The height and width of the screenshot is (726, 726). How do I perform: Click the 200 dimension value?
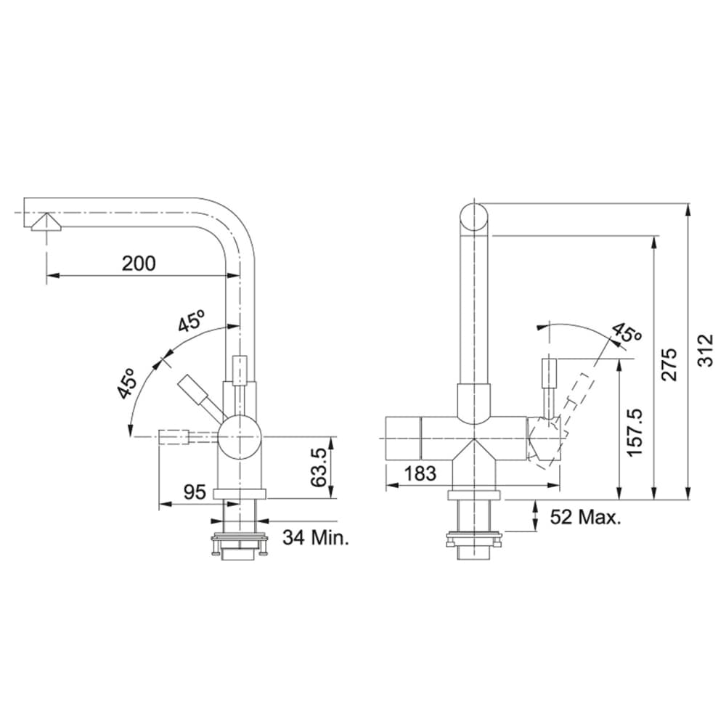coord(139,263)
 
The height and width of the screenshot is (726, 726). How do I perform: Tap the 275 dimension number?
coord(670,364)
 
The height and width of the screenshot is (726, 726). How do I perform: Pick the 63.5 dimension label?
coord(317,468)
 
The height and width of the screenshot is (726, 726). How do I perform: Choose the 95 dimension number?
coord(194,492)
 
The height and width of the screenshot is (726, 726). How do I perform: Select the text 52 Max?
coord(585,517)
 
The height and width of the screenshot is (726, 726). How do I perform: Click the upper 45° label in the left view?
coord(192,320)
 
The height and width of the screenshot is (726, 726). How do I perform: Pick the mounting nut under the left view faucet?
coord(239,541)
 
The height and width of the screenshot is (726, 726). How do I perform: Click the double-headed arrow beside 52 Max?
coord(535,516)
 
